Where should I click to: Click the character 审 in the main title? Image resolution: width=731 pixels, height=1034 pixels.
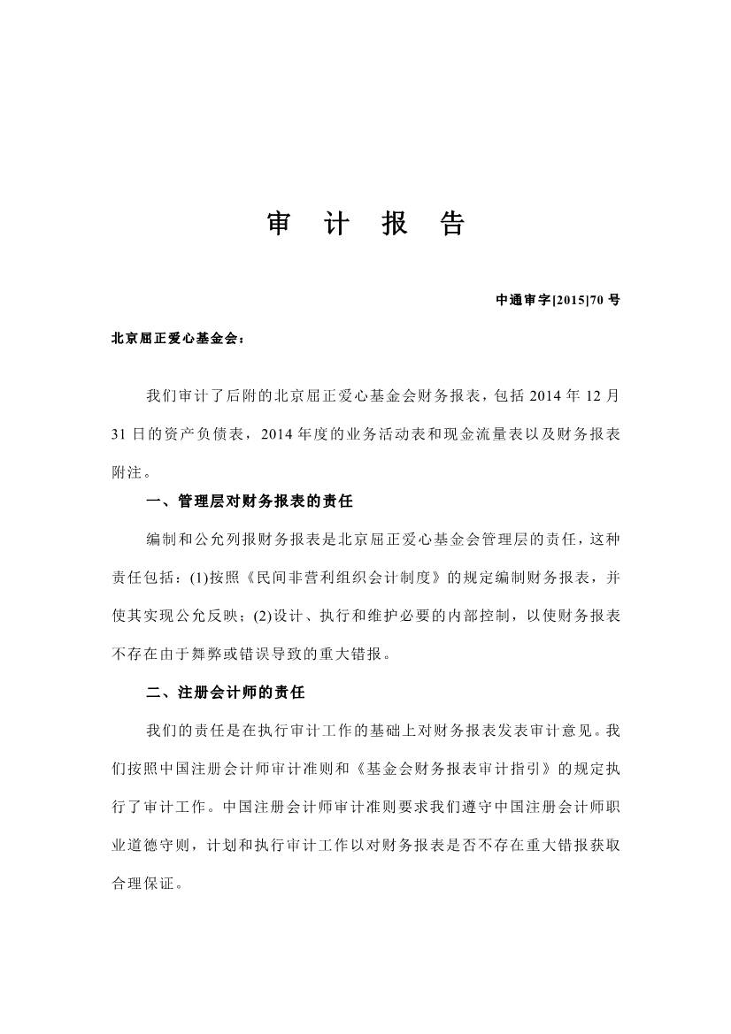pos(279,225)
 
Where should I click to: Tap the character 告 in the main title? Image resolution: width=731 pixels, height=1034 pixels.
pos(451,225)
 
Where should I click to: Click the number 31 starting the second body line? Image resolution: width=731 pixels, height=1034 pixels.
pos(119,433)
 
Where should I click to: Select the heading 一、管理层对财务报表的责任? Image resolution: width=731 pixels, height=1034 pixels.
pos(250,502)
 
